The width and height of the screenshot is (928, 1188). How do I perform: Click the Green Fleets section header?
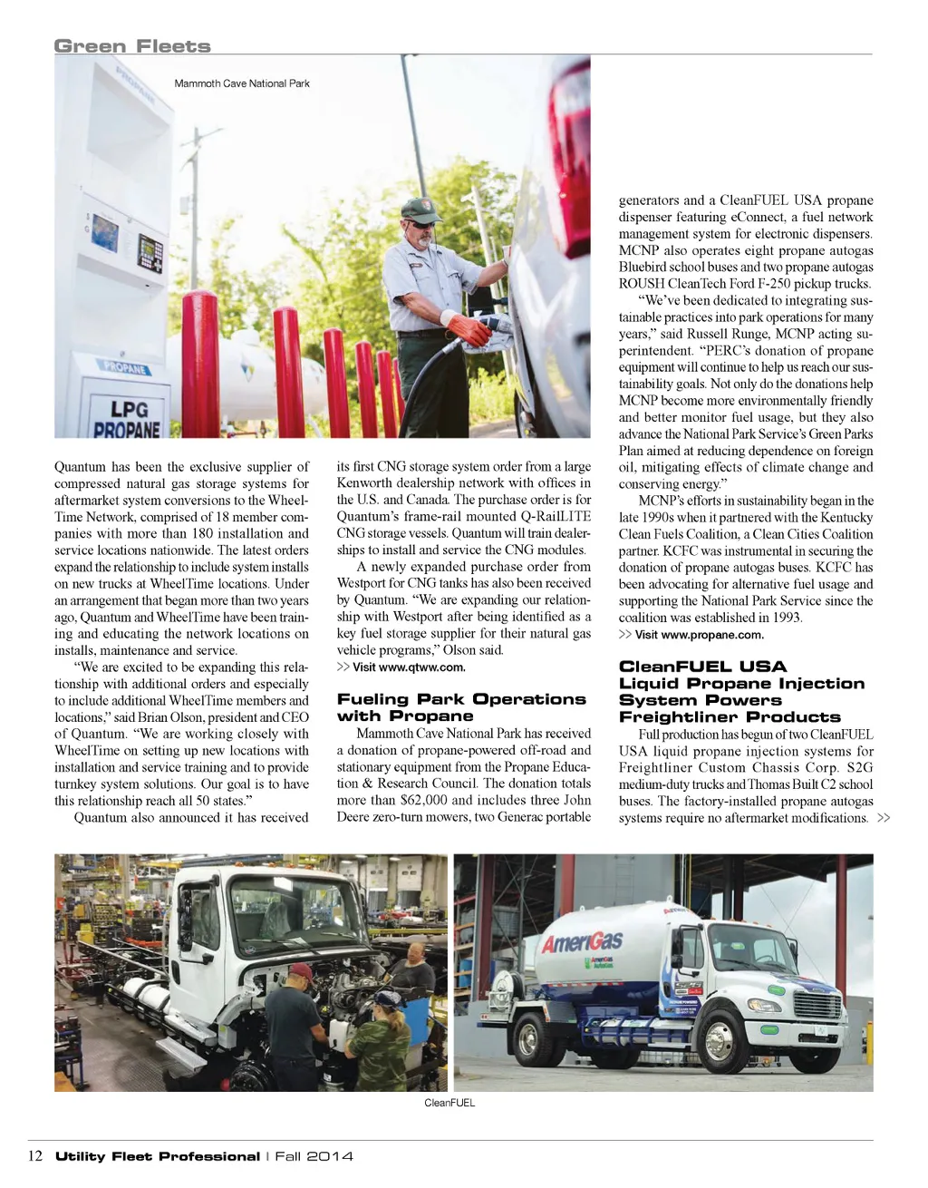[132, 46]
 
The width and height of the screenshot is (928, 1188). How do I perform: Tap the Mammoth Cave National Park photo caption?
[242, 83]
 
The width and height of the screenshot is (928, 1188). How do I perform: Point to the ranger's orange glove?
[469, 326]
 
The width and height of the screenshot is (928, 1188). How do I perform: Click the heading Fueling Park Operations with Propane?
[461, 707]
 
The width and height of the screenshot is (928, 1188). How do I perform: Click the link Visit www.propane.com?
[699, 635]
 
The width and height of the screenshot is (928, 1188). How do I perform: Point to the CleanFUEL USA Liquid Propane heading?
[741, 691]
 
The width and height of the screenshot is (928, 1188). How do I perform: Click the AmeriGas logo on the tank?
[582, 941]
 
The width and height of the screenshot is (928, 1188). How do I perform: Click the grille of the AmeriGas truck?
[817, 1005]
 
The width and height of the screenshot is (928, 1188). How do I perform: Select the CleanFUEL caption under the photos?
[449, 1103]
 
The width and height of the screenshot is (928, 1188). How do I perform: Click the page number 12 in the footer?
[36, 1156]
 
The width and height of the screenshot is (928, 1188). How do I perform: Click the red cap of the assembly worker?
[300, 973]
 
